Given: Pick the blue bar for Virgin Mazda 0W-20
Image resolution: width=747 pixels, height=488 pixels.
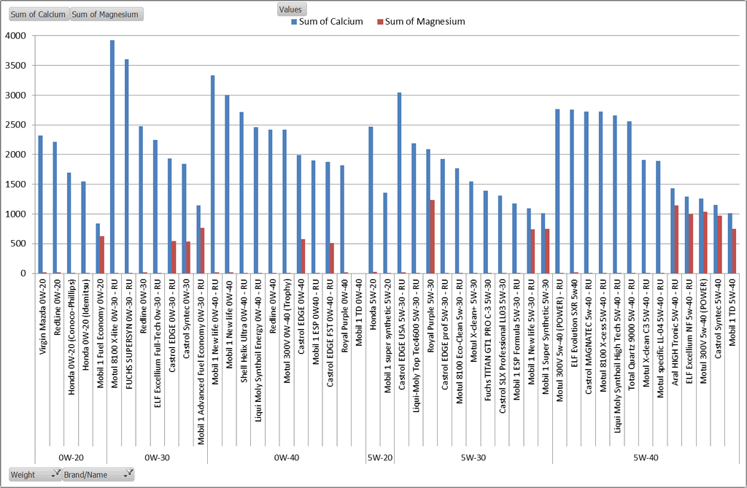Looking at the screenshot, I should (41, 204).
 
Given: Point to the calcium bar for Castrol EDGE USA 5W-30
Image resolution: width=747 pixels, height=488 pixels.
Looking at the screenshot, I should (399, 183).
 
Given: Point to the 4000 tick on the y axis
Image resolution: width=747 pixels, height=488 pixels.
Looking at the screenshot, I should (15, 36).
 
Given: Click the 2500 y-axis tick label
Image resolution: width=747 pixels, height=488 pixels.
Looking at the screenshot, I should (15, 125).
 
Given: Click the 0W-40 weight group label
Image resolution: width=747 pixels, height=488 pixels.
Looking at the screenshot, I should (286, 457).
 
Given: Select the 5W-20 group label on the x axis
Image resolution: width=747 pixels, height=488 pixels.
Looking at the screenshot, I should (379, 457).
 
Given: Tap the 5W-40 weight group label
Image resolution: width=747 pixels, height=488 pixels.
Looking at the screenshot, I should (646, 457).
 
